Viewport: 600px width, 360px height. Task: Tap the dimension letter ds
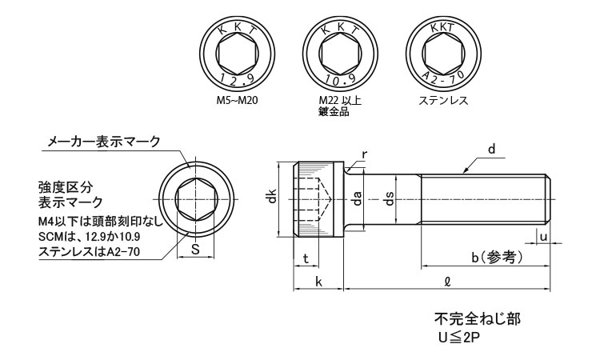[390, 198]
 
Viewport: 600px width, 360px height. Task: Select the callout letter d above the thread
[492, 148]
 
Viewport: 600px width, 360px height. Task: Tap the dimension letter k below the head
[318, 282]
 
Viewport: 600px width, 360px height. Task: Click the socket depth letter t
[306, 257]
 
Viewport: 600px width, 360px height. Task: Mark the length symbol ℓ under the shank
[446, 282]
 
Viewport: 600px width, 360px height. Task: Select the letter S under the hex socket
[196, 248]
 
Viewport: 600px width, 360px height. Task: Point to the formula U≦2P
[459, 337]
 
